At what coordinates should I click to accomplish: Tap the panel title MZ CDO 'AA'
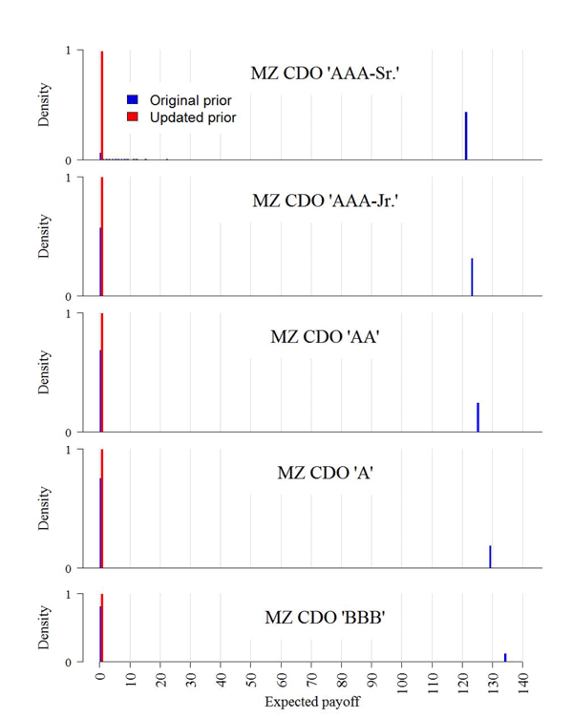[325, 337]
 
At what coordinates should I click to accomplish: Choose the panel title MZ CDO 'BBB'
[325, 618]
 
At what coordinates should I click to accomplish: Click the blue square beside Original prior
[133, 100]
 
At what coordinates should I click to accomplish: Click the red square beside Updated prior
[133, 117]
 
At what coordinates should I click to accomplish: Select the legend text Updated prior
[193, 117]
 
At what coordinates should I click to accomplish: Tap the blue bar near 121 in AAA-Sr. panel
[466, 136]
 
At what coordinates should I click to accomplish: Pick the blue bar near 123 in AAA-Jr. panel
[472, 277]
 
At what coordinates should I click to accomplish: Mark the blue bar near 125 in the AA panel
[477, 417]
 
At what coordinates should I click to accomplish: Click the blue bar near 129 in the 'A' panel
[490, 557]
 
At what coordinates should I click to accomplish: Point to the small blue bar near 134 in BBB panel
[505, 657]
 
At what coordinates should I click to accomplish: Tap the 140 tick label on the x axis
[522, 680]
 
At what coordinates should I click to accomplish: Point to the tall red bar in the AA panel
[102, 372]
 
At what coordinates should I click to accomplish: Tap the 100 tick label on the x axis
[402, 680]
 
